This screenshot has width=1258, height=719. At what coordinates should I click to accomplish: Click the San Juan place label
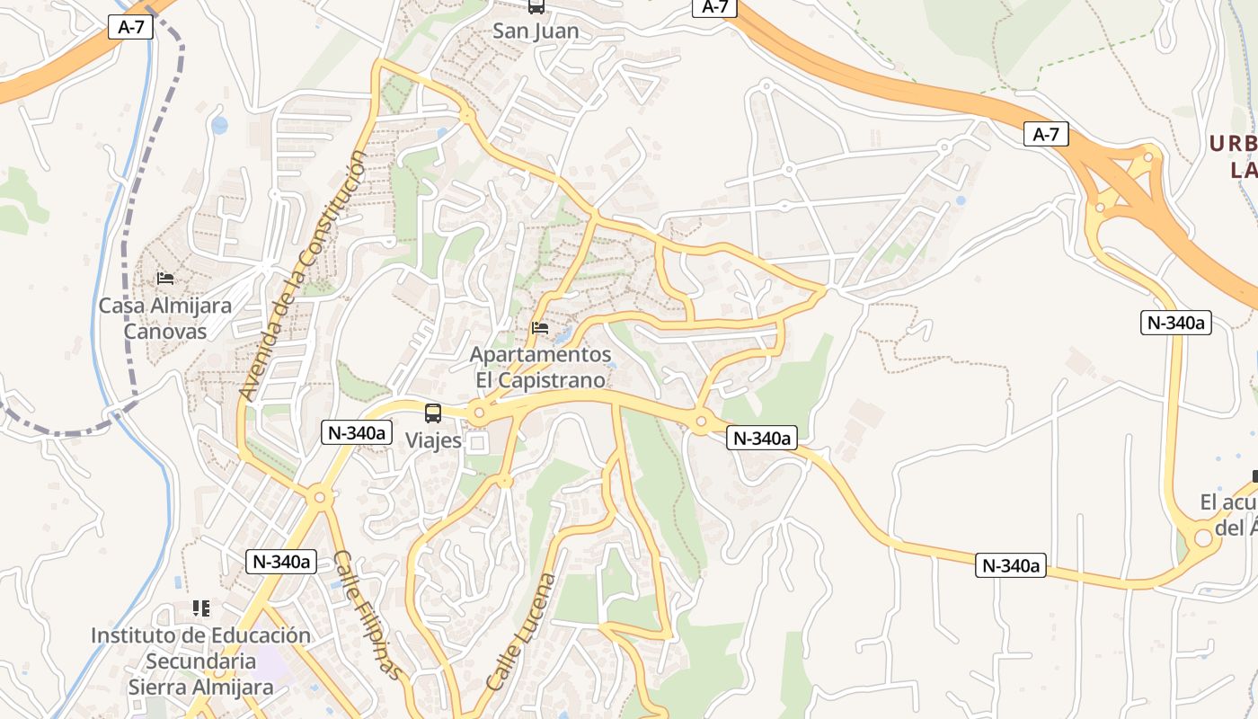[x=536, y=31]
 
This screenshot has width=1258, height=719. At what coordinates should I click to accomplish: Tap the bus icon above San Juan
[x=536, y=7]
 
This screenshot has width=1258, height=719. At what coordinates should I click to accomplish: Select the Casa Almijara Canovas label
[x=164, y=318]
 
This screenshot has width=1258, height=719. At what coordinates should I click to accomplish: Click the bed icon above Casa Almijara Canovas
[x=164, y=279]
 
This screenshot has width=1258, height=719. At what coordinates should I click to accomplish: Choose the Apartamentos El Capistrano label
[x=540, y=368]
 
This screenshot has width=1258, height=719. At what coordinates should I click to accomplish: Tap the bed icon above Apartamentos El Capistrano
[x=540, y=328]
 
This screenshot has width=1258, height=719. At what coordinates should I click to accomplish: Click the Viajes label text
[x=433, y=440]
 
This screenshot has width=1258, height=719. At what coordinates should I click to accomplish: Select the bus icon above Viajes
[x=433, y=413]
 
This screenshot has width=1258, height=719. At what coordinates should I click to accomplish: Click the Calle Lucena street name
[x=520, y=632]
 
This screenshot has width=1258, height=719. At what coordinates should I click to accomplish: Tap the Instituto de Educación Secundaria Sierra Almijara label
[x=200, y=661]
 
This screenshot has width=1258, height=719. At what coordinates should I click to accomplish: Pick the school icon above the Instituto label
[x=201, y=608]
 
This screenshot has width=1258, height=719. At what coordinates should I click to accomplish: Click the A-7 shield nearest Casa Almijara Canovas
[x=131, y=27]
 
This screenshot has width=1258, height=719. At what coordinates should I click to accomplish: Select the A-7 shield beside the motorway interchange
[x=1046, y=135]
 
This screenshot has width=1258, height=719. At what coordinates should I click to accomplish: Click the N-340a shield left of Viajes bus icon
[x=357, y=432]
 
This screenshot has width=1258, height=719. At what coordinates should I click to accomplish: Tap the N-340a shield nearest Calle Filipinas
[x=281, y=562]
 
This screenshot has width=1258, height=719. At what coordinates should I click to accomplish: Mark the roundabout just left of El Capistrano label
[x=479, y=413]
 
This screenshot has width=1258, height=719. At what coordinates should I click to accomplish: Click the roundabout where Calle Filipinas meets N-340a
[x=318, y=496]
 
